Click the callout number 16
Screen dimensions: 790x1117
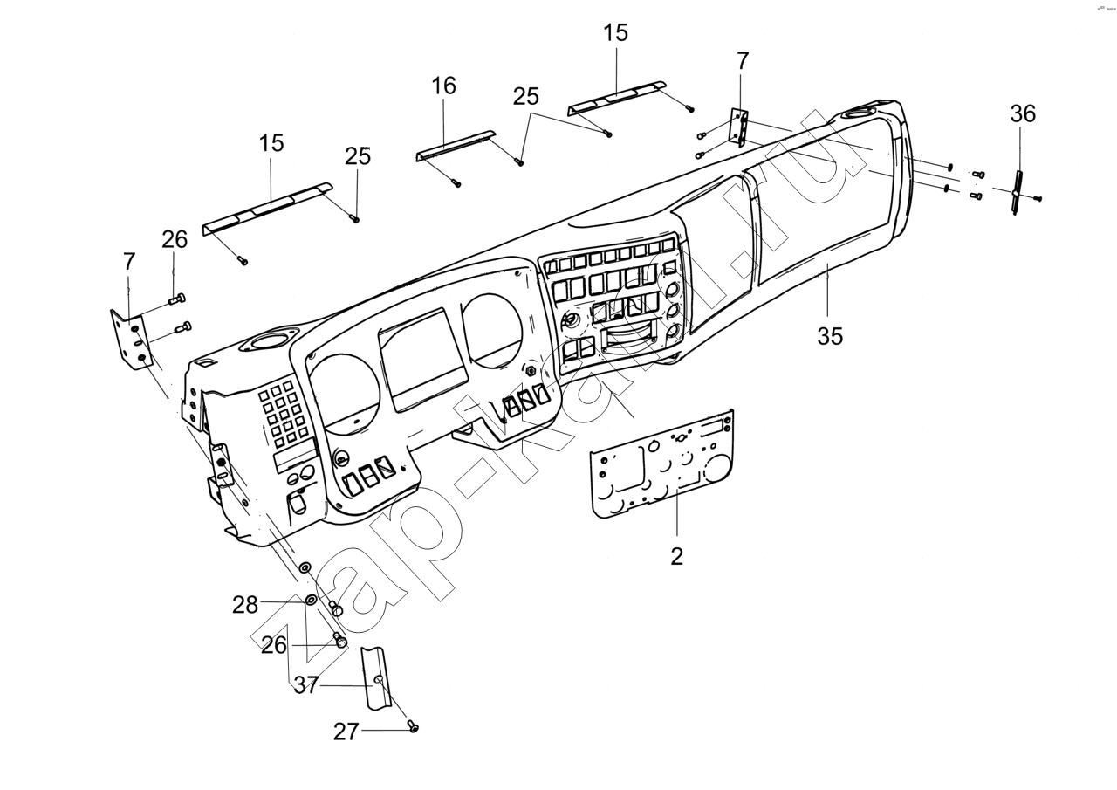(443, 86)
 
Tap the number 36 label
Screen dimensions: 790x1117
(1023, 113)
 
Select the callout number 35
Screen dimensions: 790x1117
(830, 336)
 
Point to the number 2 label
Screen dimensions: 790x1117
(676, 556)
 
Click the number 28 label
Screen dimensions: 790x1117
(245, 604)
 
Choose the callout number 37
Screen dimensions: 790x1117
(305, 685)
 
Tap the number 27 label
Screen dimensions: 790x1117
(346, 732)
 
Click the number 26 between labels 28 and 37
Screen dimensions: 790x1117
(274, 645)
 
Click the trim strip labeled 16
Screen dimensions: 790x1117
(454, 145)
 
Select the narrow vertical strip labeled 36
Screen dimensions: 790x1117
(1018, 193)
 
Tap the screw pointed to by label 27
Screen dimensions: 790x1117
(414, 726)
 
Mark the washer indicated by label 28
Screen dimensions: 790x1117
(311, 600)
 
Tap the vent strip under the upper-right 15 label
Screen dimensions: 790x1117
(616, 97)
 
